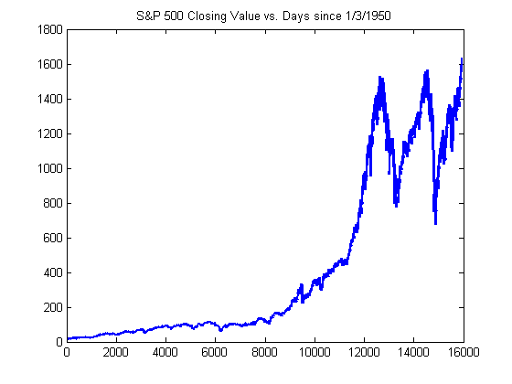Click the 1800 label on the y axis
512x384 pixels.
tap(50, 29)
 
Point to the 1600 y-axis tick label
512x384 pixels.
tap(50, 64)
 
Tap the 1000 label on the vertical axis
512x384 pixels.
tap(50, 168)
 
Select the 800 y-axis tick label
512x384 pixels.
tap(53, 203)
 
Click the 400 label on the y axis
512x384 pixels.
tap(53, 272)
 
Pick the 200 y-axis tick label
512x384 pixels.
tap(53, 307)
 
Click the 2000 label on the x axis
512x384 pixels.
tap(116, 352)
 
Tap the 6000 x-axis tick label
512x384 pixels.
tap(215, 352)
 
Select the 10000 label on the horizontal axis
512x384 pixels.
tap(315, 352)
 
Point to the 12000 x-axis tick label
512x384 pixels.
tap(364, 352)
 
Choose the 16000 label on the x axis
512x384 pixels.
tap(464, 352)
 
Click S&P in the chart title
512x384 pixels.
tap(148, 16)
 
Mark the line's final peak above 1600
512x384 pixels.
tap(462, 59)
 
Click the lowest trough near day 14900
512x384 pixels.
tap(435, 224)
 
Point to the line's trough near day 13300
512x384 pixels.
tap(397, 206)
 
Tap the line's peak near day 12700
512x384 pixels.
tap(380, 77)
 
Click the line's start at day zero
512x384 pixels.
tap(68, 339)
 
